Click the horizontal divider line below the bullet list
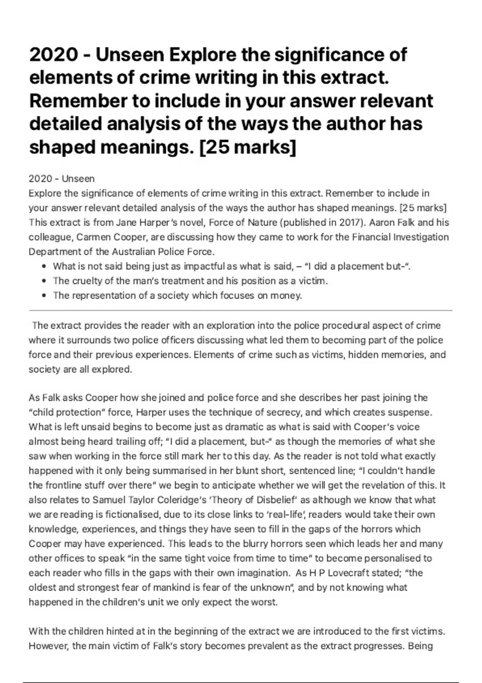(x=241, y=311)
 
